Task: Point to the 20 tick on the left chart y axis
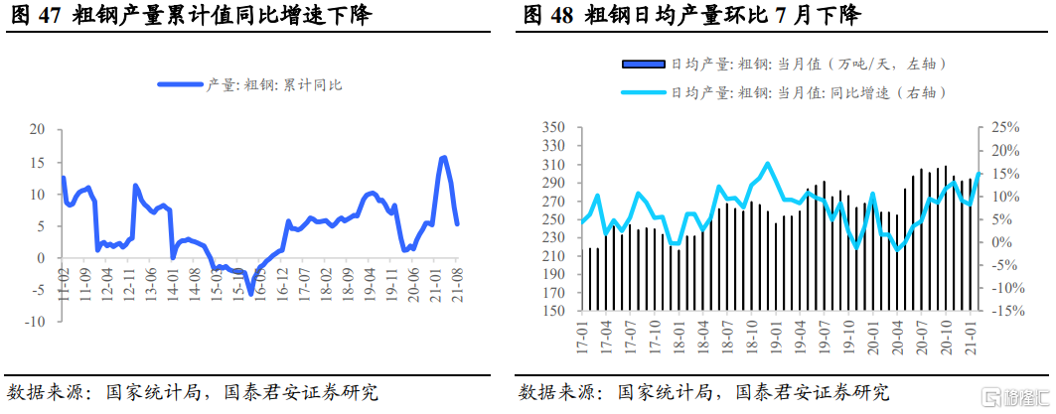38,129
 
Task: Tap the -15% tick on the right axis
1002,311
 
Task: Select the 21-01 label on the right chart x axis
972,338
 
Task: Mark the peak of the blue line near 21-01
443,157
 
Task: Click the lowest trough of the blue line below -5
250,292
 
